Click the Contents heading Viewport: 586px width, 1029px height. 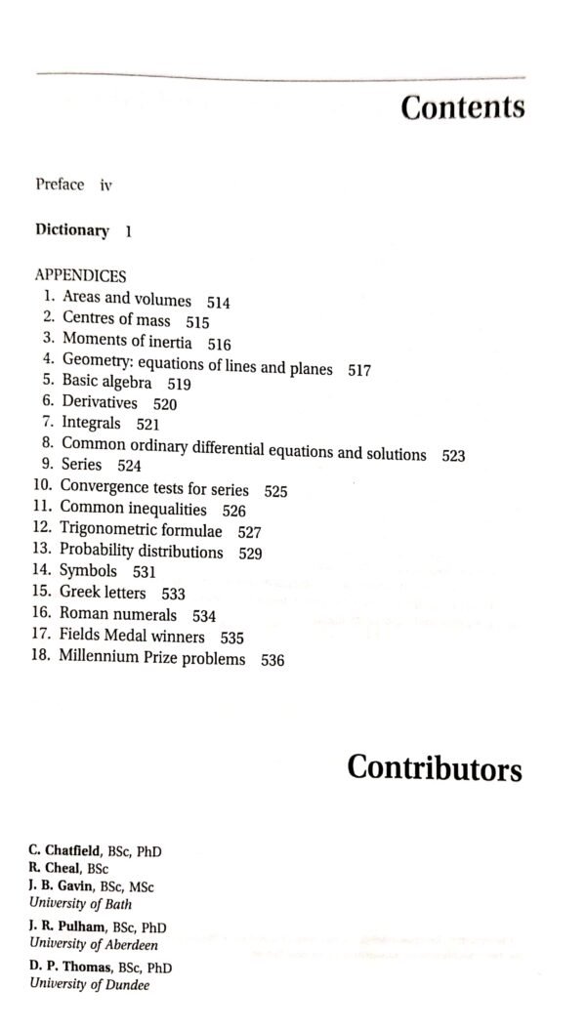point(462,107)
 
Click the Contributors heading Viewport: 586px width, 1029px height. point(435,768)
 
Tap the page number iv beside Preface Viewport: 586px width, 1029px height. point(105,185)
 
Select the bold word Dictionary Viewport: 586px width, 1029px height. point(72,230)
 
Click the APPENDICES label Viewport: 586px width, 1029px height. point(80,276)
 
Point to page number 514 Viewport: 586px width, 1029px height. point(218,303)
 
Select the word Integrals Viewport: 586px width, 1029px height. point(92,423)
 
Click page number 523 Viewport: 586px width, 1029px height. point(453,455)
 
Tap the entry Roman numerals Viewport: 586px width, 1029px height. point(118,614)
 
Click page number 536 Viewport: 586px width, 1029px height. point(272,661)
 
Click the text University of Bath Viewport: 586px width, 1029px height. point(79,903)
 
